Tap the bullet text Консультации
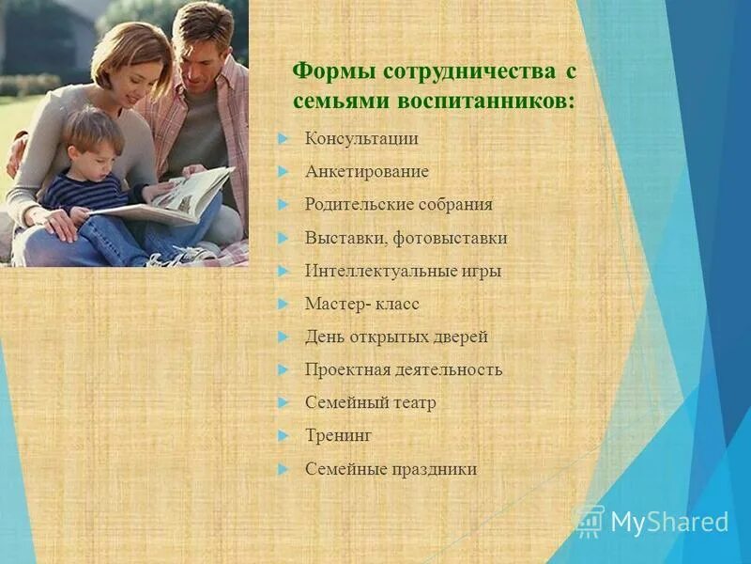[x=361, y=139]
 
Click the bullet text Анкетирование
[x=366, y=172]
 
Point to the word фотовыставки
[x=451, y=238]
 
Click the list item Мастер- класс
[x=361, y=304]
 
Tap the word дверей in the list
[x=460, y=337]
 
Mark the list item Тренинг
[x=339, y=435]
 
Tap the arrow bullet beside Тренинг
[x=284, y=435]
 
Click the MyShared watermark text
[x=668, y=522]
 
